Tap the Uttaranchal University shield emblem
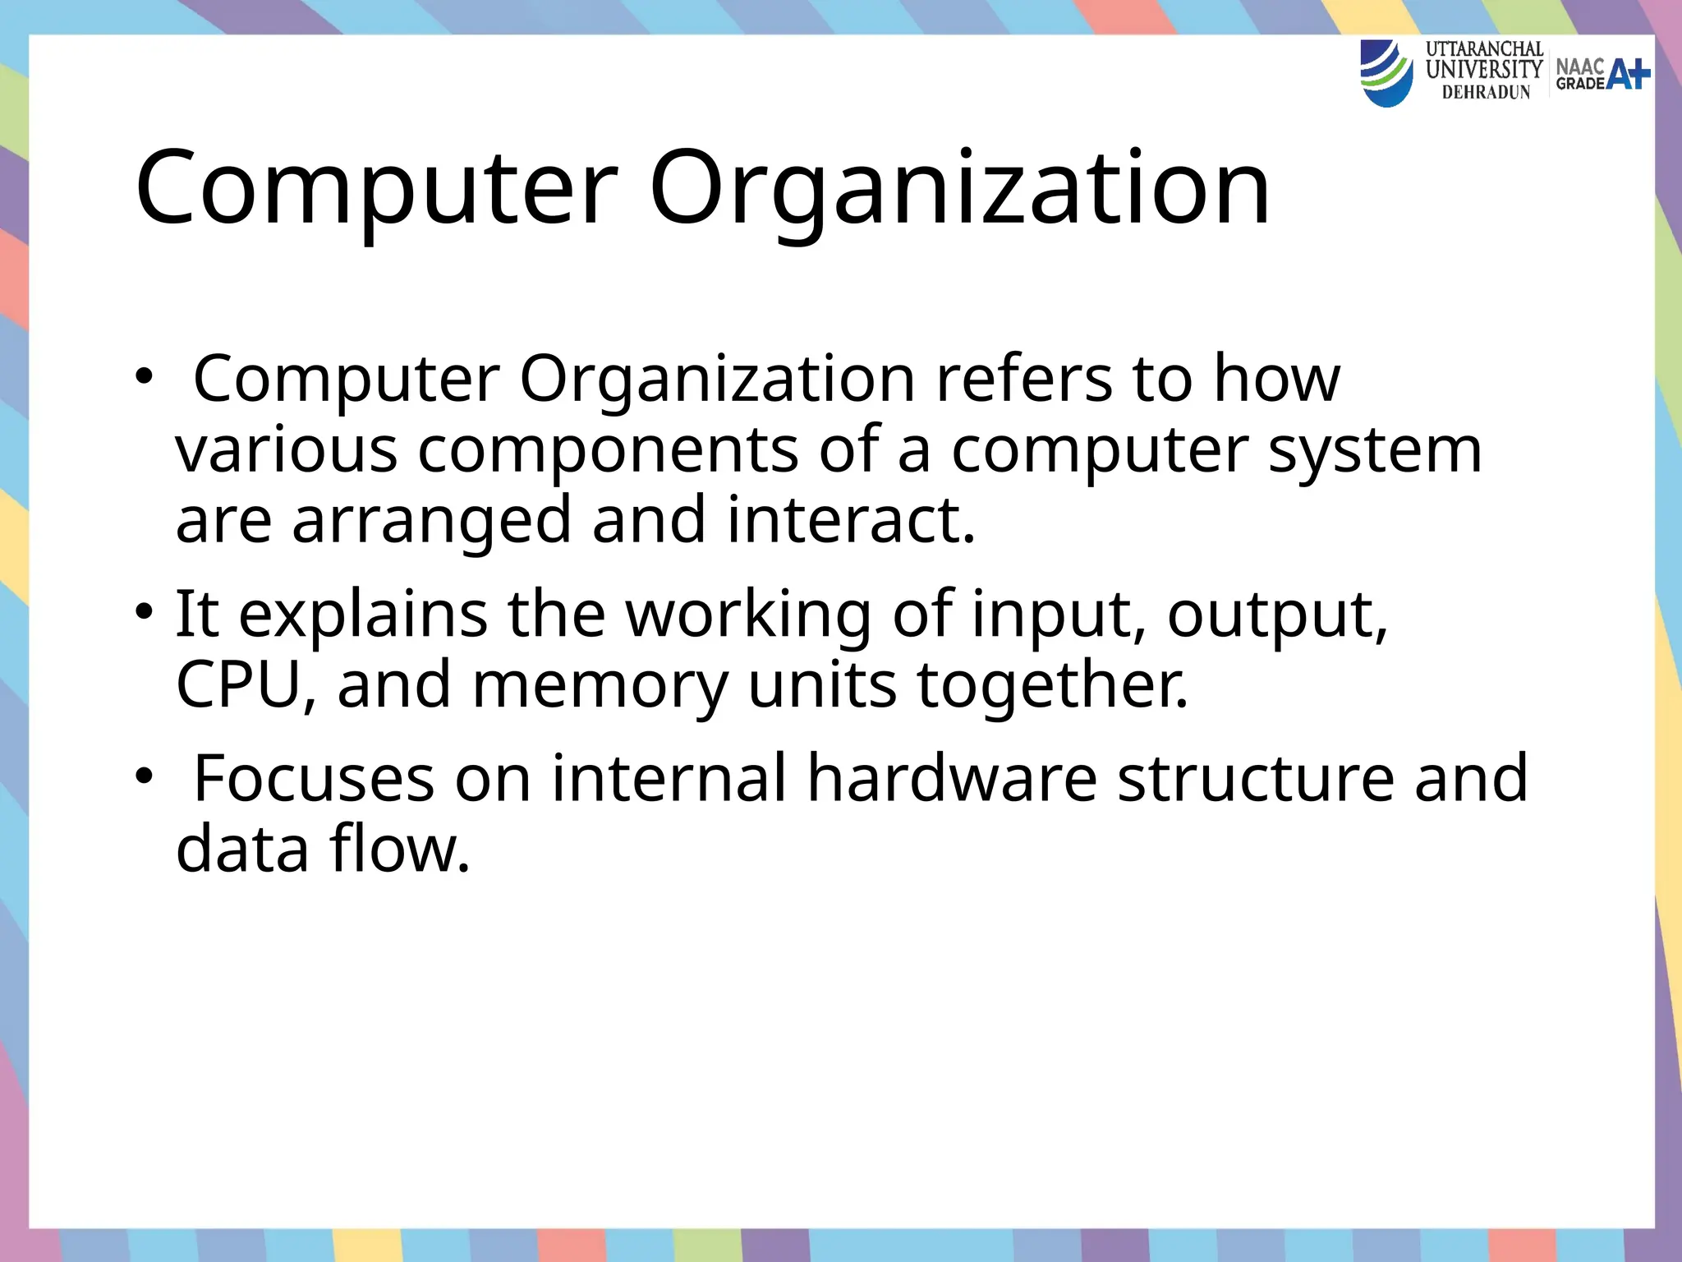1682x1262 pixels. coord(1387,73)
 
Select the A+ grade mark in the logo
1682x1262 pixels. coord(1628,74)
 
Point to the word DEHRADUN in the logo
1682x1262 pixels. coord(1486,93)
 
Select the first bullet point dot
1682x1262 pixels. coord(145,379)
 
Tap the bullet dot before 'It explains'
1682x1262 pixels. coord(145,614)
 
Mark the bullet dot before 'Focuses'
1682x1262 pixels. coord(145,777)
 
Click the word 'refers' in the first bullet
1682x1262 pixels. coord(1023,379)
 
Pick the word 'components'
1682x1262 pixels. coord(608,451)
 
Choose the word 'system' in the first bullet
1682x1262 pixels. coord(1375,451)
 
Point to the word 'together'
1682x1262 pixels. coord(1052,687)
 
